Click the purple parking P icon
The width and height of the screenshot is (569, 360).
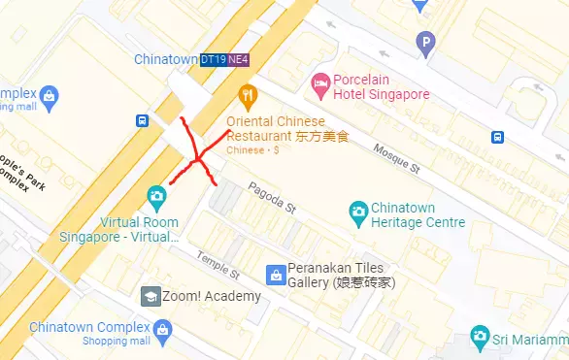click(424, 42)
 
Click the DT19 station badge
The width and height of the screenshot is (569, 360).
click(213, 59)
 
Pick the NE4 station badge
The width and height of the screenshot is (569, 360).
click(238, 59)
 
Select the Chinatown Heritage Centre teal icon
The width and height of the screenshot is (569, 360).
click(358, 210)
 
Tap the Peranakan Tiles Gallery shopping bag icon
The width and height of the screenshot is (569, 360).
click(275, 274)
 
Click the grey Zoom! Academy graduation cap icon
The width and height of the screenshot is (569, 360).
click(151, 296)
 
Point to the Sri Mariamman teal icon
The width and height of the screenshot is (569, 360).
click(479, 337)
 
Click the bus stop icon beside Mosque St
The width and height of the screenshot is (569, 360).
click(497, 137)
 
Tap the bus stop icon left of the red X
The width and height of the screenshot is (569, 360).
click(143, 120)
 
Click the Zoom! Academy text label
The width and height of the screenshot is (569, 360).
click(212, 296)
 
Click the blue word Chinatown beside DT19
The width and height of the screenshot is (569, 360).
click(165, 59)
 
